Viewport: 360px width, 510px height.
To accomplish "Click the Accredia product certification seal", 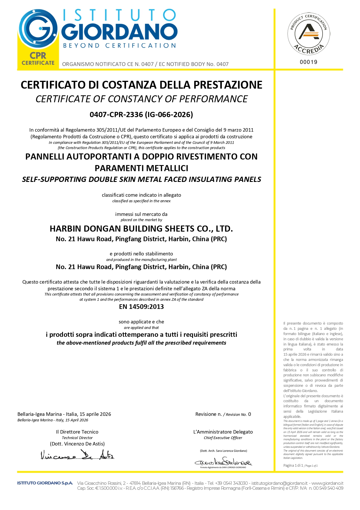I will tap(309, 34).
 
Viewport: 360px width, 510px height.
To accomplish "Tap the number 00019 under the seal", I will tap(309, 62).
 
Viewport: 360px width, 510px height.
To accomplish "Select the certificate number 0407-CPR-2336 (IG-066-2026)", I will tap(141, 114).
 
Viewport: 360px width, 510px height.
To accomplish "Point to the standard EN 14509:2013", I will tap(141, 307).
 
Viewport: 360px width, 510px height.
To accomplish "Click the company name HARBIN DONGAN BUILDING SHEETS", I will tap(141, 229).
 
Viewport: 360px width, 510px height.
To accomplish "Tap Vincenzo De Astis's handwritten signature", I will tap(77, 455).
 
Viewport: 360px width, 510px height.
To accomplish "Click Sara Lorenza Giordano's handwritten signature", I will tap(223, 462).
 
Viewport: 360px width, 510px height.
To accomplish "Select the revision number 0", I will tap(250, 414).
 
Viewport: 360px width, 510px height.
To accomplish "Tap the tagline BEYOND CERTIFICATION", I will tap(119, 46).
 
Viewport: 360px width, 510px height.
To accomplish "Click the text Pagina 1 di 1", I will tap(293, 465).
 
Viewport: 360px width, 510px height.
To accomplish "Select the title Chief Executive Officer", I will tap(223, 438).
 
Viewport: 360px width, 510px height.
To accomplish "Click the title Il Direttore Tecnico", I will tap(77, 432).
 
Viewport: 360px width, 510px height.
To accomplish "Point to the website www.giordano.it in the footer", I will tap(327, 483).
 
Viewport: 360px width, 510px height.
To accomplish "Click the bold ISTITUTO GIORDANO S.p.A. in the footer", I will tap(45, 483).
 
